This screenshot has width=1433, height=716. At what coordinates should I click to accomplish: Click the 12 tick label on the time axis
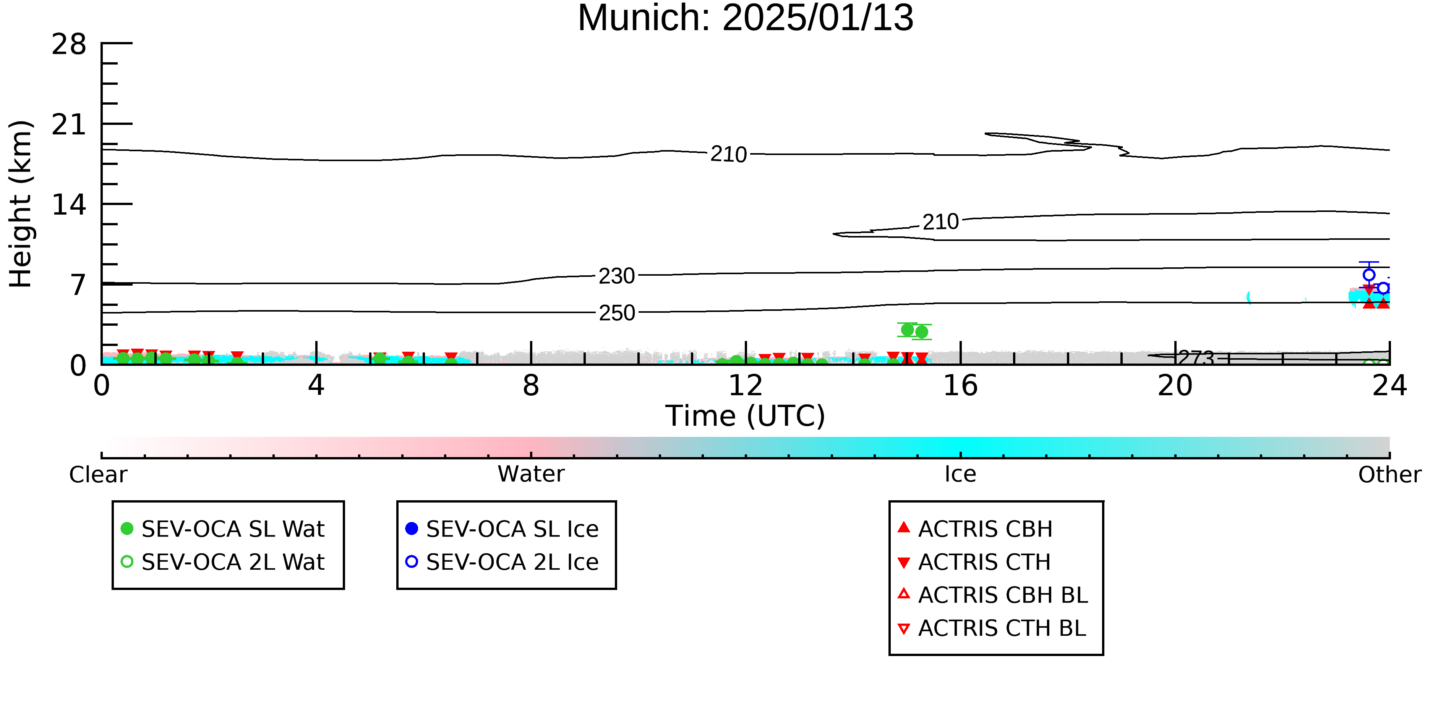pyautogui.click(x=746, y=386)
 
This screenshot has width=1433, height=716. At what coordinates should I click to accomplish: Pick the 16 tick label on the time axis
pyautogui.click(x=960, y=386)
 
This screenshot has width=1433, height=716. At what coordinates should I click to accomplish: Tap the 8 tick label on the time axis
pyautogui.click(x=531, y=386)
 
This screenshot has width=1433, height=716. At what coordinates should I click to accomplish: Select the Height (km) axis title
pyautogui.click(x=21, y=204)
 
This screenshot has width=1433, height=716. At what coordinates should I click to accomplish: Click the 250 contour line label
pyautogui.click(x=617, y=313)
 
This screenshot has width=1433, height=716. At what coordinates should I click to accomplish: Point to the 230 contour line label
pyautogui.click(x=616, y=276)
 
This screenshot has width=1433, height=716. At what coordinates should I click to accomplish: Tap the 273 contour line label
pyautogui.click(x=1196, y=358)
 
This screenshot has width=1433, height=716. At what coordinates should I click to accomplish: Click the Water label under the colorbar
pyautogui.click(x=531, y=474)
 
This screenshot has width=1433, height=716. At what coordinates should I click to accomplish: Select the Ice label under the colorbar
pyautogui.click(x=960, y=474)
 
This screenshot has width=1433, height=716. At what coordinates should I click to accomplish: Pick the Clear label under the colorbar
pyautogui.click(x=98, y=475)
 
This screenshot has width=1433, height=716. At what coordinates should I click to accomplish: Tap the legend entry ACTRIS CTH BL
pyautogui.click(x=992, y=628)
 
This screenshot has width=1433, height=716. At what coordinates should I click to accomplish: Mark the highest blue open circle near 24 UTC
pyautogui.click(x=1369, y=275)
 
